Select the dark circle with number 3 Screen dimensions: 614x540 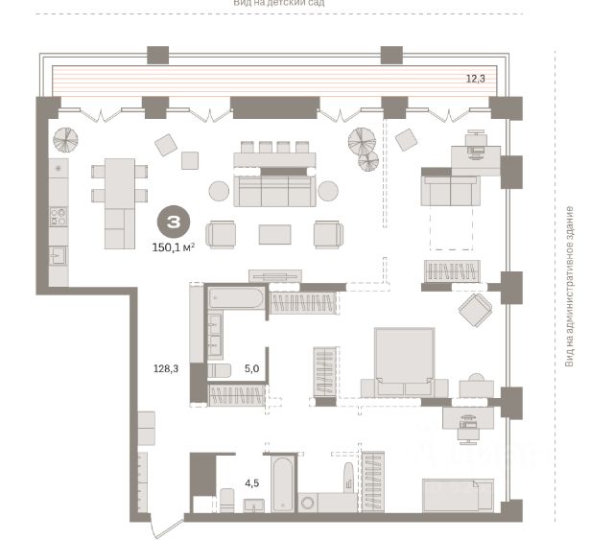(172, 223)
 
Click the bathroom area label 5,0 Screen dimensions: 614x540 (251, 366)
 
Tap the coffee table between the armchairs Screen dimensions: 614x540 (275, 233)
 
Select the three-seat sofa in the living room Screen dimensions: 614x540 (275, 190)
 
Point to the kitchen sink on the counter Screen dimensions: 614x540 (58, 253)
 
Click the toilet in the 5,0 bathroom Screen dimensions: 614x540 (220, 370)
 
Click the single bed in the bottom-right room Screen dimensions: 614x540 (457, 496)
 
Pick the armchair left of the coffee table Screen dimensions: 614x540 (221, 233)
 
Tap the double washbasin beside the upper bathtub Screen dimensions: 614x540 (214, 336)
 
